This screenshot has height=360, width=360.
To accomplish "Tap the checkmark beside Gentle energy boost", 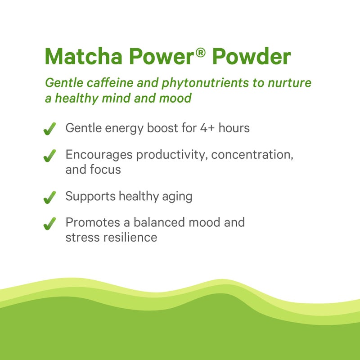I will [49, 129].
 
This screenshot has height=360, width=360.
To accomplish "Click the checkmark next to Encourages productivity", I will [49, 156].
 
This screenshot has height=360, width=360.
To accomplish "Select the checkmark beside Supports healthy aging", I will [49, 197].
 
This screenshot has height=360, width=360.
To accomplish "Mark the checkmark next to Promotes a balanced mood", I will [49, 223].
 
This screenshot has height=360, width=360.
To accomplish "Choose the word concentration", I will [252, 155].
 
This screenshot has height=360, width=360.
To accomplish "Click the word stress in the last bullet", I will [79, 237].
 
